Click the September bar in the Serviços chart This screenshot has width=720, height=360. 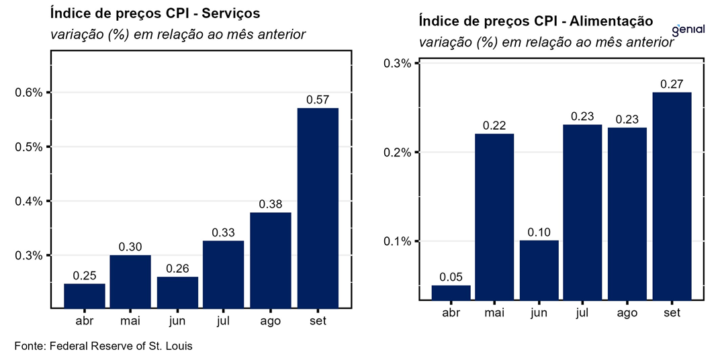[x=318, y=208]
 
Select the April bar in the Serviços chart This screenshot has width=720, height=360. [x=85, y=296]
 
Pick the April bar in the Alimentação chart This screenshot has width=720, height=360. [x=451, y=293]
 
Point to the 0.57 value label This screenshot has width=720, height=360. [x=318, y=99]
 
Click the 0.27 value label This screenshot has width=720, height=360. [x=672, y=84]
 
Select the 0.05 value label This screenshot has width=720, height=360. [x=451, y=277]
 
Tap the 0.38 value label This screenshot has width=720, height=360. [x=271, y=204]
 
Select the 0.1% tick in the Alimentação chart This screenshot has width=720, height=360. [x=396, y=241]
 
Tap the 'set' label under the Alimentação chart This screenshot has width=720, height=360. [x=672, y=313]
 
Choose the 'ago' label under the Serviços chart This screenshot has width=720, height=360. [x=271, y=321]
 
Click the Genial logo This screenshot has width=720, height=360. [x=689, y=30]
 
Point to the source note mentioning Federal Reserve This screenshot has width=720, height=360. [x=104, y=346]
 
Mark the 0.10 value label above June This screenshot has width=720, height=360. [x=539, y=232]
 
